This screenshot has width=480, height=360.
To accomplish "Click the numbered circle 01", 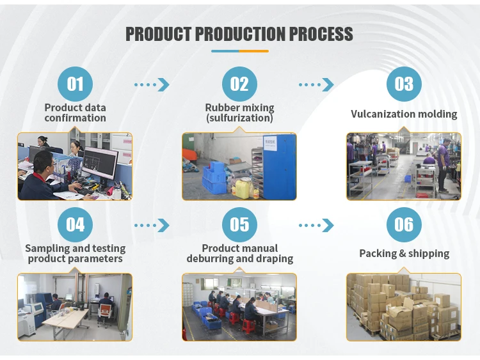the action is (76, 84).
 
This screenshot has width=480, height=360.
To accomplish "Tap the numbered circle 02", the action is (239, 84).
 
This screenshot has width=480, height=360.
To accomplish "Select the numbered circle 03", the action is (404, 84).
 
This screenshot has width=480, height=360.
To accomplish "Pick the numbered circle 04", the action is (76, 224).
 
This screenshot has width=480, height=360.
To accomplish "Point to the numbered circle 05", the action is (239, 224).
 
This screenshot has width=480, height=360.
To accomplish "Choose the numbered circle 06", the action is (404, 224).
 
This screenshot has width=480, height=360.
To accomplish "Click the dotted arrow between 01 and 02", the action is (152, 84).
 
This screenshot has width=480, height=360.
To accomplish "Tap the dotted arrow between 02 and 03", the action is (316, 84).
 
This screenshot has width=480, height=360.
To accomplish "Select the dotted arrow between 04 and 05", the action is (152, 225).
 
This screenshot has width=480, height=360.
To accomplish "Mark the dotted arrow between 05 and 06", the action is (316, 225).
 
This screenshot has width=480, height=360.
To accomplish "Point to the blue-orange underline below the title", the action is (239, 51).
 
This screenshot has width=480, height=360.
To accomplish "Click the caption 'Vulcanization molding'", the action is (404, 114).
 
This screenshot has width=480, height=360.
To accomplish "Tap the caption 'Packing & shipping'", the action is (404, 254).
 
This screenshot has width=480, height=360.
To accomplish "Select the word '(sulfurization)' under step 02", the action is (239, 118).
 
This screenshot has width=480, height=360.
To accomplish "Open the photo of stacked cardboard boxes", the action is (404, 307).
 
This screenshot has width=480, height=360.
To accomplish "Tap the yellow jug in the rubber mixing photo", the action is (243, 187).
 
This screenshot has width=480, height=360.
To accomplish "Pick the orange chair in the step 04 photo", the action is (104, 311).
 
